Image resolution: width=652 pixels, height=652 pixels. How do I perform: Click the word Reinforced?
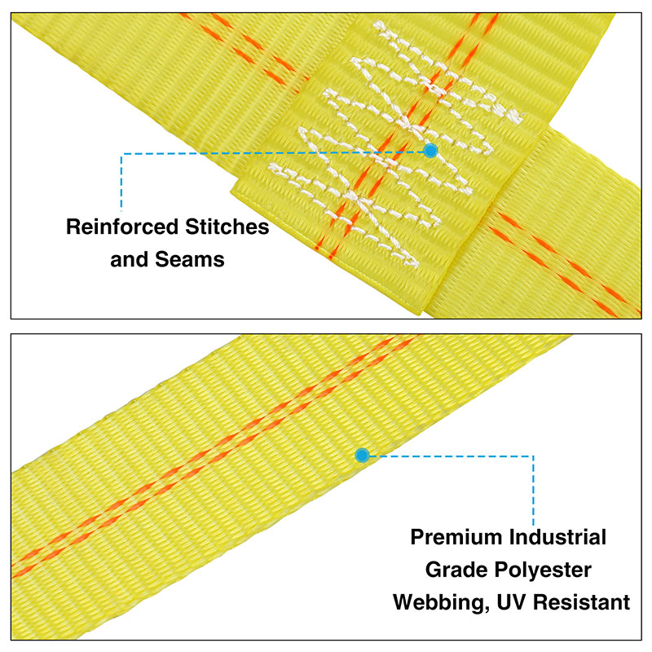pyautogui.click(x=121, y=227)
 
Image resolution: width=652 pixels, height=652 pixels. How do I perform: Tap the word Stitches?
pyautogui.click(x=227, y=227)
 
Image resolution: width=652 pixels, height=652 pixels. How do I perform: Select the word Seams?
pyautogui.click(x=190, y=259)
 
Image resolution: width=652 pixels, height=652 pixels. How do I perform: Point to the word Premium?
pyautogui.click(x=456, y=537)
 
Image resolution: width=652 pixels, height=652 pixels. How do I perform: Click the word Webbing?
pyautogui.click(x=441, y=603)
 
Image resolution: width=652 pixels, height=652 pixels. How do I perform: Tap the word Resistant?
pyautogui.click(x=581, y=602)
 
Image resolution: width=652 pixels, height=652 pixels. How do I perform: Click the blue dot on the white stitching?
pyautogui.click(x=430, y=150)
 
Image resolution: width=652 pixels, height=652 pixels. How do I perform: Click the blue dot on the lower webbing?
pyautogui.click(x=362, y=456)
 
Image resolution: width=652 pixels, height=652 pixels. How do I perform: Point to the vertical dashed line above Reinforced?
pyautogui.click(x=121, y=182)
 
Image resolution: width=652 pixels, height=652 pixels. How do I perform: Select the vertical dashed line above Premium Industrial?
pyautogui.click(x=533, y=491)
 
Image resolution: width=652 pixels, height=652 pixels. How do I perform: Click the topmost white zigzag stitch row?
pyautogui.click(x=447, y=71)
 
